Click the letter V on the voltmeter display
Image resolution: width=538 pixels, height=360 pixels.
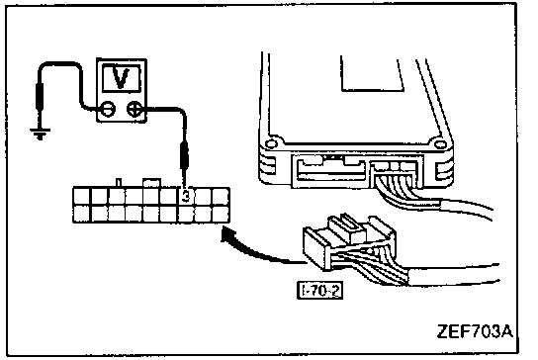121,78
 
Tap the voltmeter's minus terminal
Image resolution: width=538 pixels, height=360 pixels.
108,109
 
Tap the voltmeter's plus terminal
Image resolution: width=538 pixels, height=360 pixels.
134,109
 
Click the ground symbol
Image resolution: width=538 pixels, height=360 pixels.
41,134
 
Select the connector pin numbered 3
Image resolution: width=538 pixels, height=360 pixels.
186,196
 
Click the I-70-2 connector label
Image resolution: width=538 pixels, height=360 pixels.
319,291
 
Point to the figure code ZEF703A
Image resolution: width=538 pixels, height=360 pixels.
476,331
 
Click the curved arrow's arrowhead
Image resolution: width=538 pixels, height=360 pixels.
227,235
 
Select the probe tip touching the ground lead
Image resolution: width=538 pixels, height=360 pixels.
40,97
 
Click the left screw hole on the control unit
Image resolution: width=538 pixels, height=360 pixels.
271,143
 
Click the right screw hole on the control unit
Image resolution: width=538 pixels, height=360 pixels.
439,143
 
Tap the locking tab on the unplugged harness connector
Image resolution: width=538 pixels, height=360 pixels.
347,227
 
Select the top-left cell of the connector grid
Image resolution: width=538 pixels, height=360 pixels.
82,196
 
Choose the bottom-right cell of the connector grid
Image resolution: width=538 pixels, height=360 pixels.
221,214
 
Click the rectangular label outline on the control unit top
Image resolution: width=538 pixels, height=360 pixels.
372,74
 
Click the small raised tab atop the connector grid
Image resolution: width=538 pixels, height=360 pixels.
151,183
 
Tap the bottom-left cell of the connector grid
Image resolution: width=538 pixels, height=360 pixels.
82,214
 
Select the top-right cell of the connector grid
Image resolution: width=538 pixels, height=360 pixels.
221,196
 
